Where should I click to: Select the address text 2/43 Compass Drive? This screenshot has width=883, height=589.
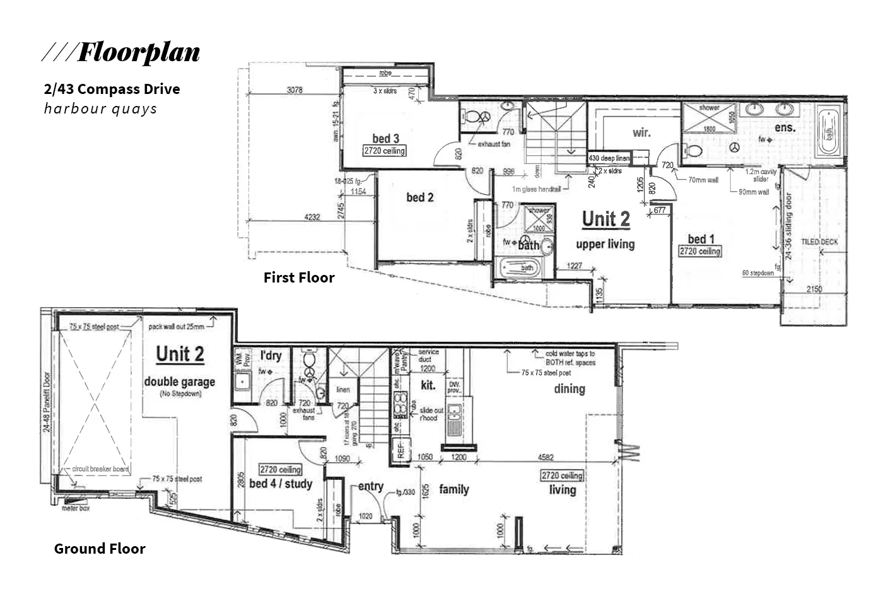[112, 89]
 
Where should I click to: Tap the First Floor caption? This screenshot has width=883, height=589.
[299, 277]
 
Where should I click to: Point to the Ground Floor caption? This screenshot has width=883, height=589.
[100, 549]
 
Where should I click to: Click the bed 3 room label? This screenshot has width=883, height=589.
[385, 139]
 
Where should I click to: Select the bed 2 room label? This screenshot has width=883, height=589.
[419, 197]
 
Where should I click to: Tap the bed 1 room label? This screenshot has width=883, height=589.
[701, 239]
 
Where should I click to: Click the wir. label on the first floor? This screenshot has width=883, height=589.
[641, 133]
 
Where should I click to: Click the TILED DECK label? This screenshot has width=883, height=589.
[819, 242]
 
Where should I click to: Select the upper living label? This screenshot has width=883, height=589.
[605, 244]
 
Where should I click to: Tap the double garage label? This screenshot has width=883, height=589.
[179, 382]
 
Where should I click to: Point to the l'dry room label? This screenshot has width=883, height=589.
[271, 356]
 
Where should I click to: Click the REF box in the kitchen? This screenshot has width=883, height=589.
[399, 450]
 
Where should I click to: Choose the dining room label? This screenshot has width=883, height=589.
[569, 389]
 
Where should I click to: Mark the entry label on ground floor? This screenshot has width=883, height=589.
[370, 486]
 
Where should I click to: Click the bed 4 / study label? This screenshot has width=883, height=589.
[281, 484]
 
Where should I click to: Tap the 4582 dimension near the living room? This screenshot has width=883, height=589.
[546, 457]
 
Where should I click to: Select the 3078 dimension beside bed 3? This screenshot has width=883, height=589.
[295, 90]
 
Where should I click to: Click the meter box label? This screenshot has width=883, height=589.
[76, 508]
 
